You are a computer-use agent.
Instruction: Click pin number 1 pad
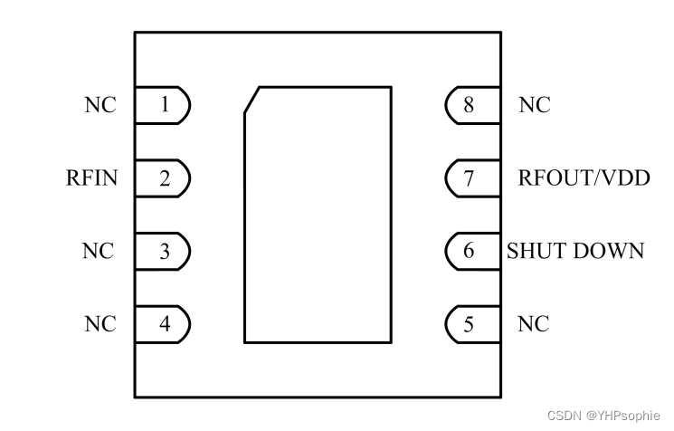tap(164, 105)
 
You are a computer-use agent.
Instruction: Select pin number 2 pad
tap(164, 177)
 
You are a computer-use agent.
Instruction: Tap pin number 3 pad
tap(164, 251)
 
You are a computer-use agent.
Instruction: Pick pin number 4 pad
tap(164, 323)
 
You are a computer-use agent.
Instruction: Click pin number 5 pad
tap(470, 323)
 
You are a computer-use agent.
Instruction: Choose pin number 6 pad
tap(470, 251)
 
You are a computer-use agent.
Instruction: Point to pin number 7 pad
tap(470, 177)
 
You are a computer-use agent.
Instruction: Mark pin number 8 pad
tap(470, 105)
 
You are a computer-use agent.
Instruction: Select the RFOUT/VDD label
tap(584, 177)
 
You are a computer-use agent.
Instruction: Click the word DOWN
tap(611, 251)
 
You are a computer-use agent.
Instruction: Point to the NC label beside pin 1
tap(100, 105)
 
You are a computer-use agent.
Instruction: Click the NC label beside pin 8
tap(534, 105)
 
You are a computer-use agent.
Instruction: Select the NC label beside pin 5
tap(534, 323)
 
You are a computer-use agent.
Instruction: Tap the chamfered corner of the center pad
tap(252, 100)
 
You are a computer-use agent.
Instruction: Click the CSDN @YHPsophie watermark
tap(607, 416)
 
